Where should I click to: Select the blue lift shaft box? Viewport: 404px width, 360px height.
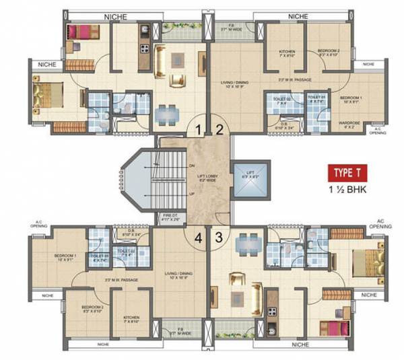pyautogui.click(x=250, y=180)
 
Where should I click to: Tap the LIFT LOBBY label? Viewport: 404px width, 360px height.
pyautogui.click(x=206, y=177)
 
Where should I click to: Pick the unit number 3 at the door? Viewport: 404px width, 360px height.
pyautogui.click(x=218, y=237)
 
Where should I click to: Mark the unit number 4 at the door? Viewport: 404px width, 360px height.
pyautogui.click(x=199, y=237)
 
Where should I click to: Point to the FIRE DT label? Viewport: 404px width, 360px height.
pyautogui.click(x=170, y=217)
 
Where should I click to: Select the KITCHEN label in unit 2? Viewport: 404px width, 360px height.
pyautogui.click(x=286, y=53)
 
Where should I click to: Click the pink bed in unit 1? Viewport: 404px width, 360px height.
pyautogui.click(x=84, y=32)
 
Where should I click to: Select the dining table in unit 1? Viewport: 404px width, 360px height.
pyautogui.click(x=167, y=113)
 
